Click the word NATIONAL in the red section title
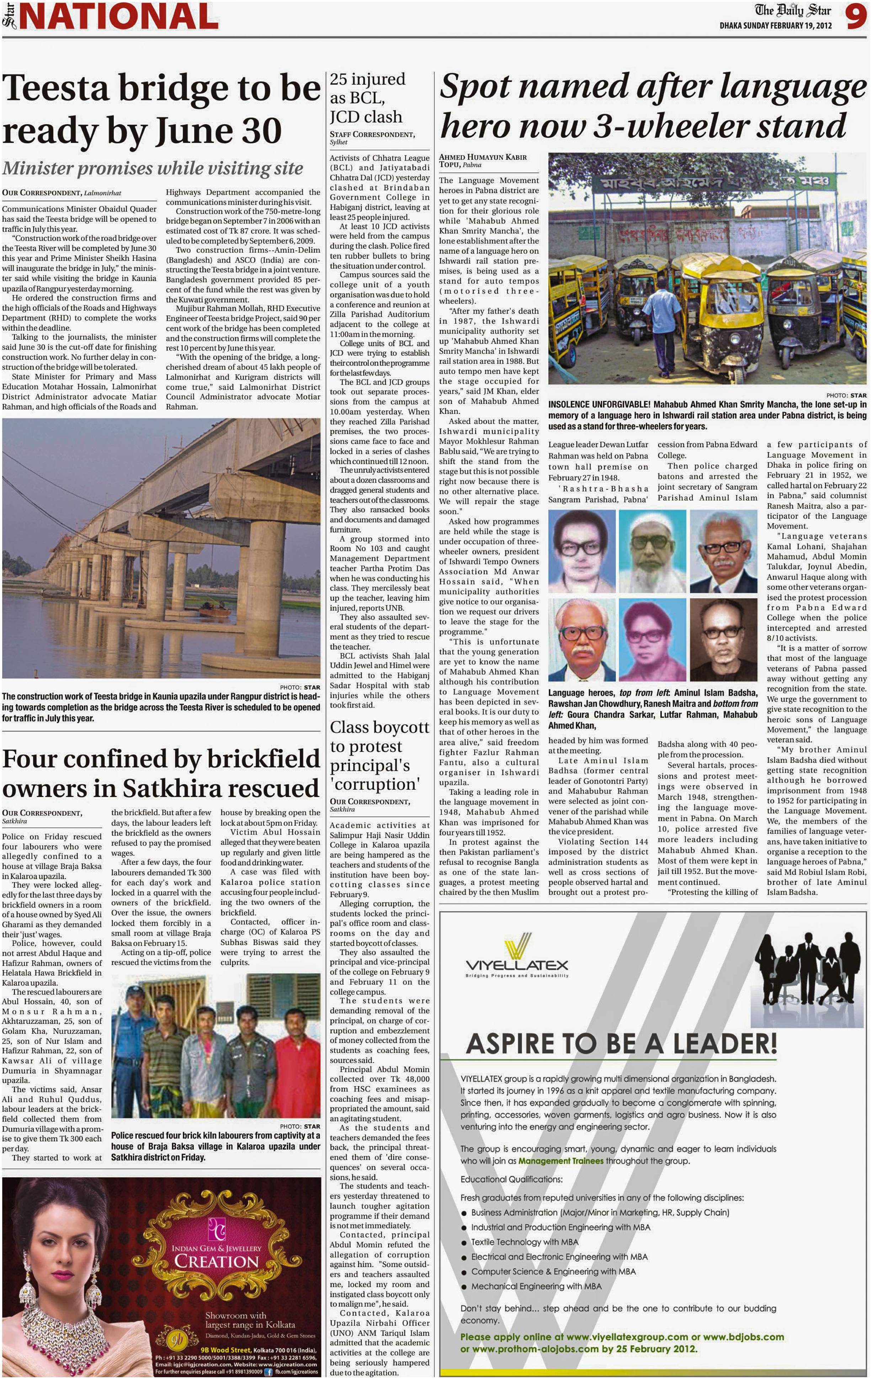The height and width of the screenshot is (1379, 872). click(x=118, y=17)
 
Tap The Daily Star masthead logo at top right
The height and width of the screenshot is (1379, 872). click(x=792, y=10)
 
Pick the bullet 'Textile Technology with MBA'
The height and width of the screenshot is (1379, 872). click(x=524, y=1242)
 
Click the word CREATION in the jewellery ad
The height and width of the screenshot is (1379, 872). click(x=216, y=1262)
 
